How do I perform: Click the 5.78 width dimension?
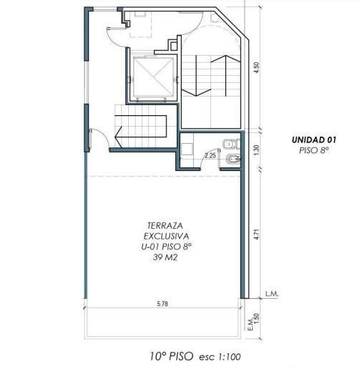(x=162, y=304)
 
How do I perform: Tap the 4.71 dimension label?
(x=257, y=235)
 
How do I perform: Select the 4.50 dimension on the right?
(x=257, y=67)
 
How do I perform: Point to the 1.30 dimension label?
(x=257, y=150)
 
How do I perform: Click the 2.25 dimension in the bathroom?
(x=210, y=156)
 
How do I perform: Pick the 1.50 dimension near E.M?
(x=257, y=318)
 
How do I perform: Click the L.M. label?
(x=272, y=294)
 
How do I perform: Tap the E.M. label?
(x=250, y=324)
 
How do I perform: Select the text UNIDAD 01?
(x=314, y=139)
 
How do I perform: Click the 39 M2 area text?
(x=165, y=257)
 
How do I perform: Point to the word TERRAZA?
(x=165, y=225)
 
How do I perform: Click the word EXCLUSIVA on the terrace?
(x=166, y=236)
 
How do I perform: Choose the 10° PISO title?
(x=172, y=356)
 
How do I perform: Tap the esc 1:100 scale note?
(x=220, y=357)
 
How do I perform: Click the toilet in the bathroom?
(x=232, y=144)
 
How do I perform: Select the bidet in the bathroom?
(x=233, y=159)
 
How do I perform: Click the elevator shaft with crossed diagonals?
(x=153, y=77)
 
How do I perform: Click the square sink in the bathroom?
(x=187, y=149)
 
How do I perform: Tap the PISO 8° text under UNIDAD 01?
(x=314, y=150)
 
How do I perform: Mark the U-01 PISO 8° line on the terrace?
(x=166, y=247)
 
